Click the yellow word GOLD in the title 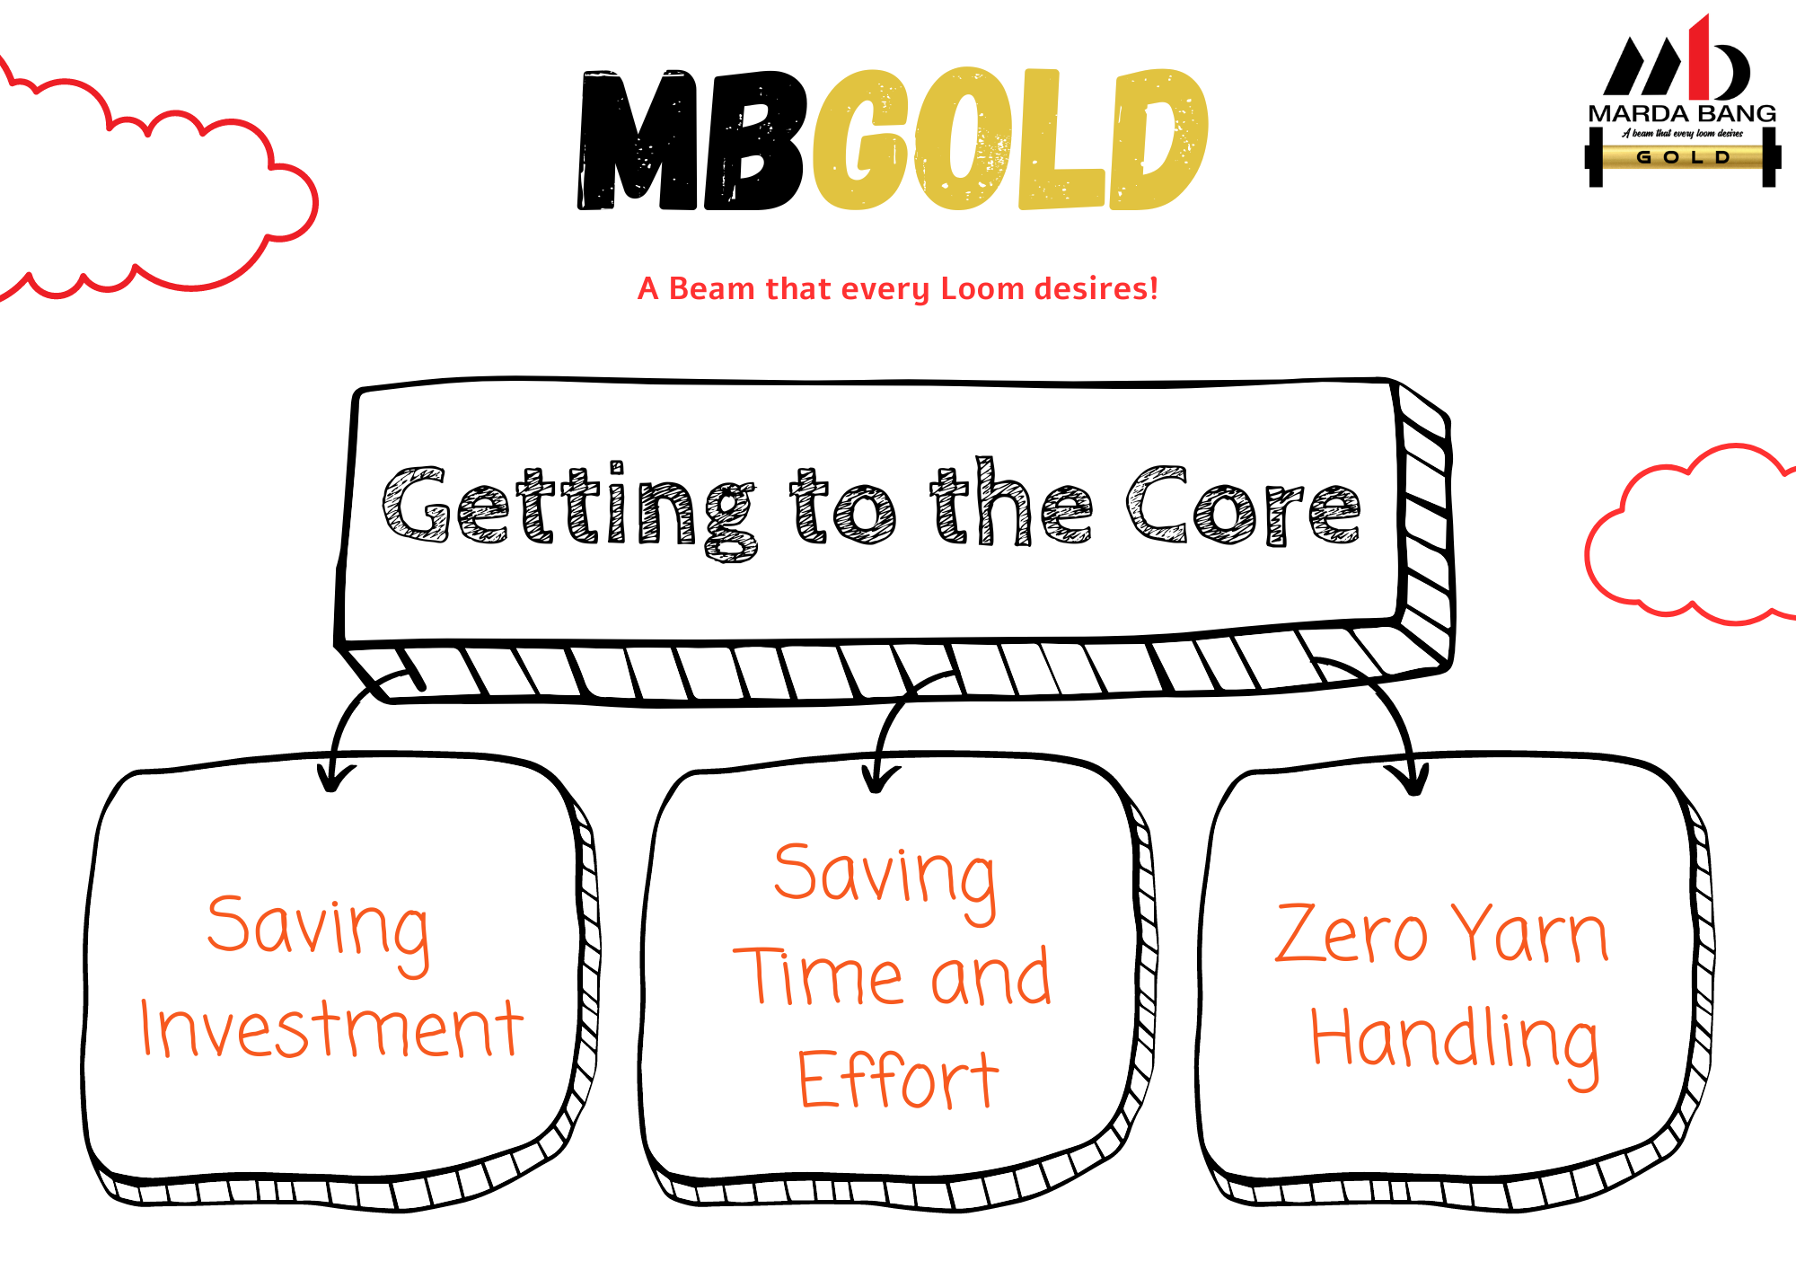(x=1010, y=139)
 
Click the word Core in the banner (x=1244, y=506)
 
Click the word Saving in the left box (x=319, y=933)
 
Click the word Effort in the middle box (x=898, y=1079)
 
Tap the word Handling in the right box (x=1455, y=1045)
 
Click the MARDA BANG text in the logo (x=1682, y=113)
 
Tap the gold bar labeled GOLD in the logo (x=1683, y=157)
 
